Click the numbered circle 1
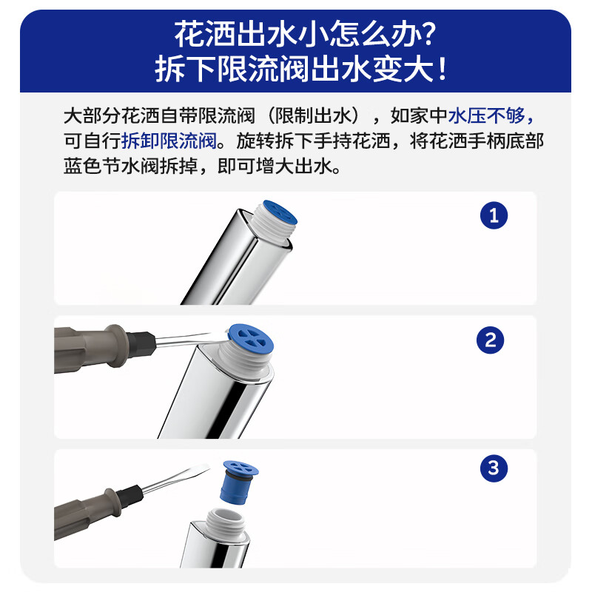tap(494, 215)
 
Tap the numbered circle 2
tap(490, 340)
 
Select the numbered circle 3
tap(494, 468)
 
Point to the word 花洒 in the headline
tap(195, 34)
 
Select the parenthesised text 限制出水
tap(314, 116)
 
